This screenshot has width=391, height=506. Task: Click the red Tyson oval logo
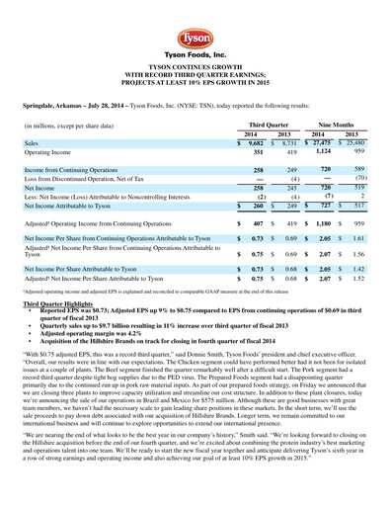(195, 30)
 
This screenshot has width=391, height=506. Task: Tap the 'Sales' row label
(33, 143)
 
